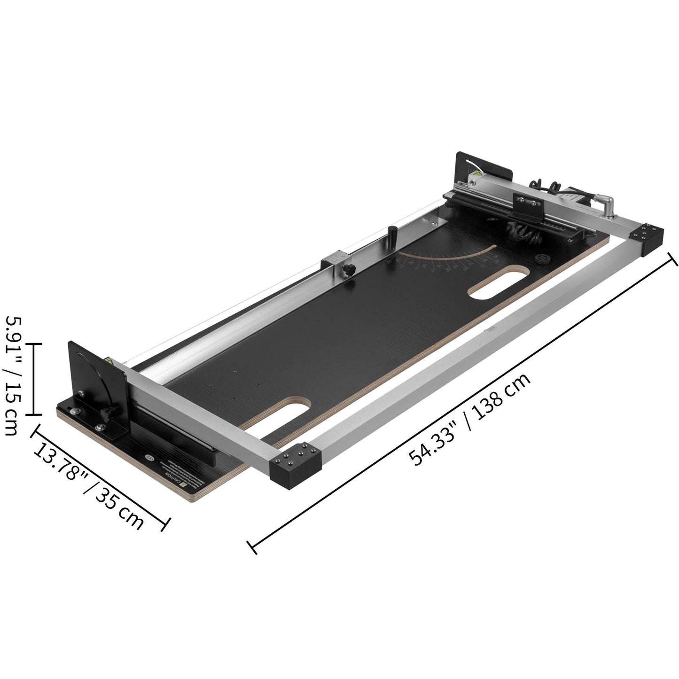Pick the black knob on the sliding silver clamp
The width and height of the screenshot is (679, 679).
tap(349, 270)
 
